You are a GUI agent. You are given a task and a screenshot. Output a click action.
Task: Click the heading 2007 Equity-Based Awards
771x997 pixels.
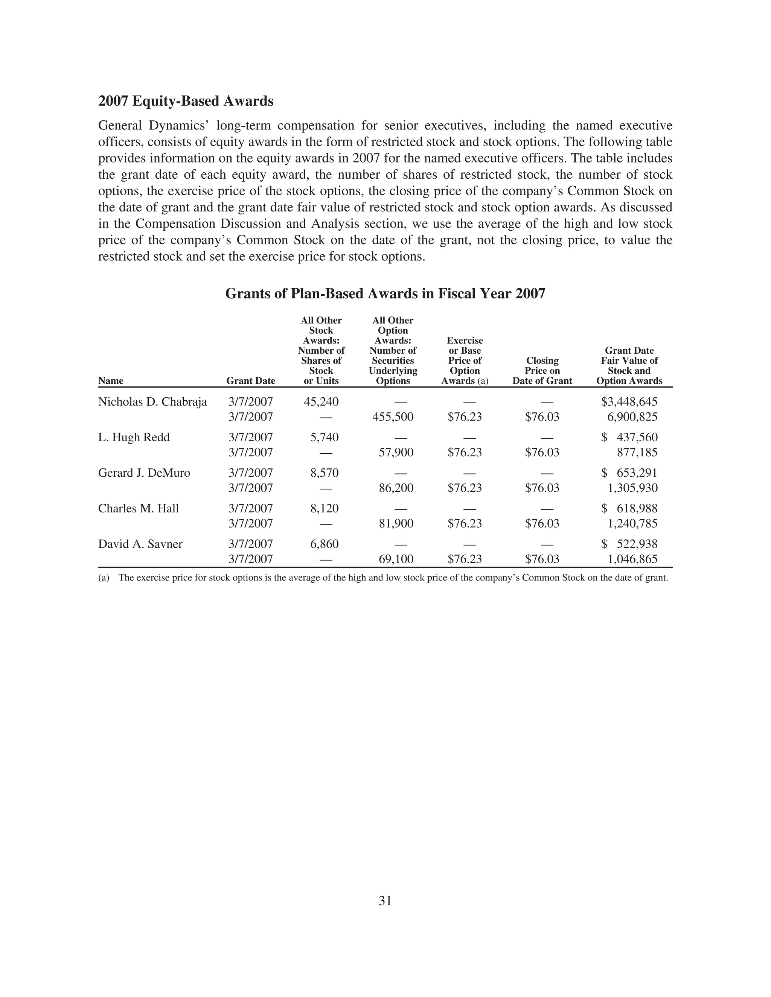point(186,101)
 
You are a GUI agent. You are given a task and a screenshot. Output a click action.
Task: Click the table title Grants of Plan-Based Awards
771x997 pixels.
point(385,293)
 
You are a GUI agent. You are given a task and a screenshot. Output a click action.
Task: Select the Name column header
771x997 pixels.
point(111,381)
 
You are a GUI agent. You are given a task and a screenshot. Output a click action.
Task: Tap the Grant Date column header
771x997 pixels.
point(251,381)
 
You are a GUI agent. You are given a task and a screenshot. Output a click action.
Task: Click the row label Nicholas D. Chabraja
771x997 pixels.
point(152,402)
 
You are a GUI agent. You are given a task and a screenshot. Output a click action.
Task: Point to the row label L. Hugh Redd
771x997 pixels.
point(134,437)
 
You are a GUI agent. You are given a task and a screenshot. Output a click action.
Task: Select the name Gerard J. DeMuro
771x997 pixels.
point(144,473)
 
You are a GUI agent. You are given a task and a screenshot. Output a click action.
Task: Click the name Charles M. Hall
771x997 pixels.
point(139,509)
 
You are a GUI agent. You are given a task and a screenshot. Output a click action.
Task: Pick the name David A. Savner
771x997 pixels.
point(140,544)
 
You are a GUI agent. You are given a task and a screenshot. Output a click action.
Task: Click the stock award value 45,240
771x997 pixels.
point(321,402)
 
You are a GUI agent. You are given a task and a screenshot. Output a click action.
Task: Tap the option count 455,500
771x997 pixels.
point(393,417)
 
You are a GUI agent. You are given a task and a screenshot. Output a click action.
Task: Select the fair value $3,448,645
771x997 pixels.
point(629,402)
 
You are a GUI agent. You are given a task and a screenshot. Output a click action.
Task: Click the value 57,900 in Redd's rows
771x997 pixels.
point(396,452)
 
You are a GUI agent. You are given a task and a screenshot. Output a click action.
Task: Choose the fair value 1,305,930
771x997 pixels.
point(632,488)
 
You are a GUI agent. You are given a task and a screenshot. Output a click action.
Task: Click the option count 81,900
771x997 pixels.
point(396,524)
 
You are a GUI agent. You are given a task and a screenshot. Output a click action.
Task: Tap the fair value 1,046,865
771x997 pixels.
point(632,559)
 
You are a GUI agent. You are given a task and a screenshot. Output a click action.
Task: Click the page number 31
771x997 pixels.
point(385,901)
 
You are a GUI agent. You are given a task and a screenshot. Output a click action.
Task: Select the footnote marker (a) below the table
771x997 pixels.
point(104,578)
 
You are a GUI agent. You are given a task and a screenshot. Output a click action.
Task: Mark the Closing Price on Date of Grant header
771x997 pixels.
point(542,371)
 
